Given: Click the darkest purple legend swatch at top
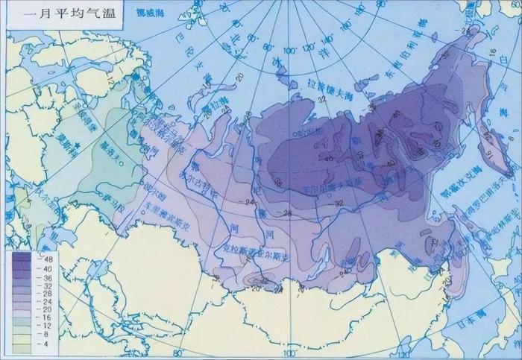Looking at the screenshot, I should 22,256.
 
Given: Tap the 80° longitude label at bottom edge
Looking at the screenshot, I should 177,353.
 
